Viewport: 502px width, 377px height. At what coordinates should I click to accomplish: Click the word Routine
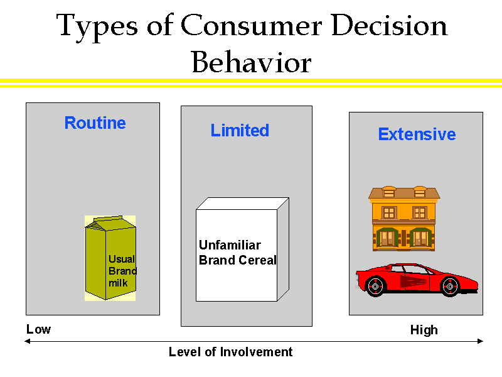[x=95, y=123]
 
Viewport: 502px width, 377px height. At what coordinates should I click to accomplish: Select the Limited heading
[x=240, y=131]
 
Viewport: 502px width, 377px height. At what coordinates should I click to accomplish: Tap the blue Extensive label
[x=417, y=134]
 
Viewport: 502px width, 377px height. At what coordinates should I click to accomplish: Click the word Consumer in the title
[x=251, y=26]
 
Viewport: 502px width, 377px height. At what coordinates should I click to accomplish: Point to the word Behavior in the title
[x=251, y=63]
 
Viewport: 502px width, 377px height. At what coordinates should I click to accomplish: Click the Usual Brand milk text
[x=122, y=271]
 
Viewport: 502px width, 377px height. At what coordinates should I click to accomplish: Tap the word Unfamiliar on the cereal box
[x=230, y=245]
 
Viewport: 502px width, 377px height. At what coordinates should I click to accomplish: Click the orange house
[x=404, y=217]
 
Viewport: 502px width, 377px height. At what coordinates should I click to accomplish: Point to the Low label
[x=38, y=329]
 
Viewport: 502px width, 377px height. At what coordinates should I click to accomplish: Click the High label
[x=424, y=330]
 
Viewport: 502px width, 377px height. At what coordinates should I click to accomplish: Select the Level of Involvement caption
[x=231, y=352]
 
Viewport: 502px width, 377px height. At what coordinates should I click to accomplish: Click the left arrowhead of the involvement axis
[x=27, y=341]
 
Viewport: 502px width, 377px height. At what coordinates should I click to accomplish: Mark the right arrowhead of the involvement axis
[x=481, y=341]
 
